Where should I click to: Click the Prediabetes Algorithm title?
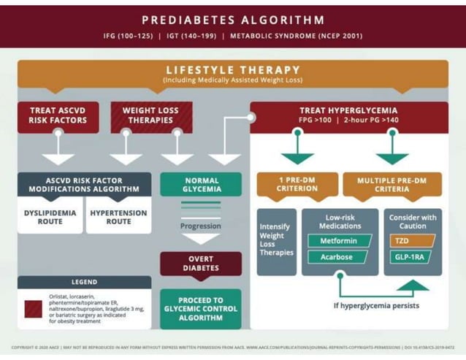tap(233, 20)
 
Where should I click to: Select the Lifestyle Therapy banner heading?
tap(233, 70)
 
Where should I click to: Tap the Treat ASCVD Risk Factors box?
tap(58, 116)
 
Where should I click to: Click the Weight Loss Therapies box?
tap(150, 116)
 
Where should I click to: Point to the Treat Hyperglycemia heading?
tap(348, 111)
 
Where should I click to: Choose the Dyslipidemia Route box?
tap(50, 218)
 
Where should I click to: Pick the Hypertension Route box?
tap(118, 218)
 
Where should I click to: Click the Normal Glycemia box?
tap(201, 185)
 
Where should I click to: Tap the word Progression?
tap(200, 226)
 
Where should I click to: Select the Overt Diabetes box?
tap(201, 264)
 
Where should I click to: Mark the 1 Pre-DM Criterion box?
tap(297, 184)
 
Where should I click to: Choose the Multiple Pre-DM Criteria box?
tap(392, 184)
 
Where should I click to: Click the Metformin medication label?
tap(338, 240)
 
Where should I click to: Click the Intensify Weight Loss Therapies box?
tap(276, 240)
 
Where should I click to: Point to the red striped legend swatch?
tap(34, 308)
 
